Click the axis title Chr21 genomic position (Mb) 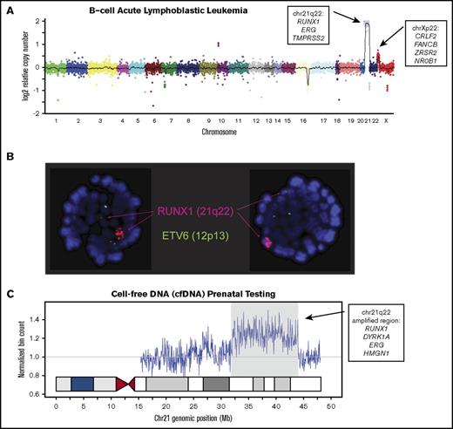tap(188, 419)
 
